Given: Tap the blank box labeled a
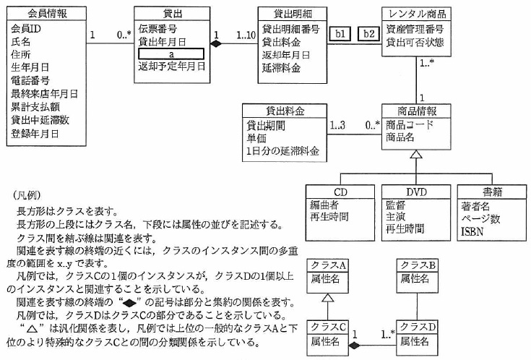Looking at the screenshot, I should pyautogui.click(x=170, y=54).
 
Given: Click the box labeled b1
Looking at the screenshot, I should pyautogui.click(x=339, y=34).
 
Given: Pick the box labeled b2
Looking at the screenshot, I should pyautogui.click(x=369, y=34).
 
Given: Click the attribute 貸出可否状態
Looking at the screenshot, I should pyautogui.click(x=415, y=42).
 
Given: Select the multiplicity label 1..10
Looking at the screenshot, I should pyautogui.click(x=246, y=35).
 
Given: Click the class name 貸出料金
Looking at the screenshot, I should pyautogui.click(x=285, y=111).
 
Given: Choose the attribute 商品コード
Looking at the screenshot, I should pyautogui.click(x=410, y=124).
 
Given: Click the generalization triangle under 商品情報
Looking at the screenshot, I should pyautogui.click(x=415, y=155).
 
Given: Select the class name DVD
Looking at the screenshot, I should pyautogui.click(x=417, y=192).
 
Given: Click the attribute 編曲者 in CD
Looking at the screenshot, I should pyautogui.click(x=323, y=205).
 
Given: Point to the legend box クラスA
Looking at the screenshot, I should pyautogui.click(x=327, y=265).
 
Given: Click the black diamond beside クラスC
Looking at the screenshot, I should pyautogui.click(x=354, y=346).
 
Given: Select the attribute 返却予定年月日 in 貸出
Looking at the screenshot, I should pyautogui.click(x=172, y=67).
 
